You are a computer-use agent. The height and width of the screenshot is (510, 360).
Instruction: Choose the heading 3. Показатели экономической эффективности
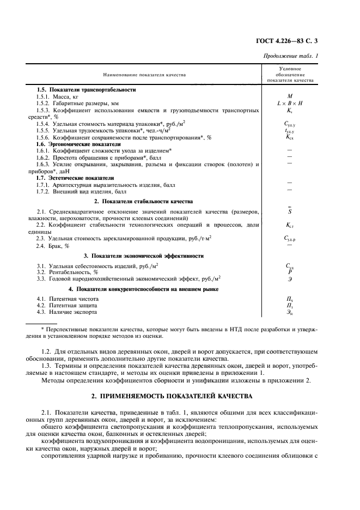point(143,255)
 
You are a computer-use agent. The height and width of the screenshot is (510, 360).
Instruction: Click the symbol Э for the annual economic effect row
point(290,278)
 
